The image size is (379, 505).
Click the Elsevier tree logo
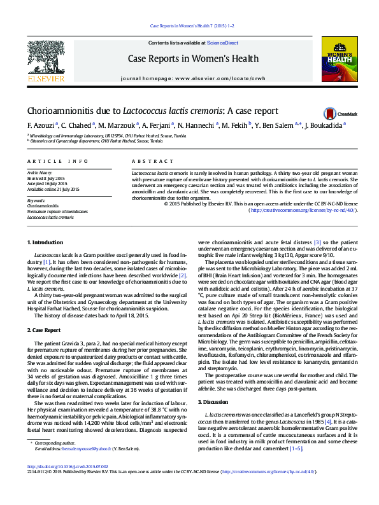click(x=45, y=60)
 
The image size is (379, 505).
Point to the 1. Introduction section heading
click(x=45, y=243)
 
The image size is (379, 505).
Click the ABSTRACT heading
click(x=143, y=162)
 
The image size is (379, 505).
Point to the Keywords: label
click(x=36, y=201)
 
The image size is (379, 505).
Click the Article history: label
click(x=39, y=172)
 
